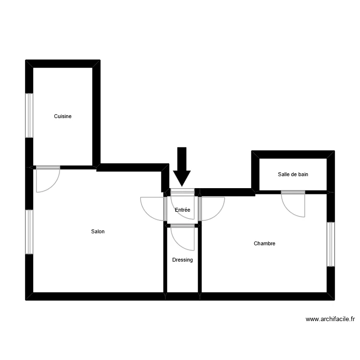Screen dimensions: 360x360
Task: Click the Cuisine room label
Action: (x=63, y=116)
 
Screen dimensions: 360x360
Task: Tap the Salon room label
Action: (x=98, y=231)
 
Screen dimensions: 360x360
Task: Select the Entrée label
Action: (x=182, y=210)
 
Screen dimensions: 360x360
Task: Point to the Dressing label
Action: (x=182, y=260)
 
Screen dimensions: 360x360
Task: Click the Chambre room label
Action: (x=264, y=243)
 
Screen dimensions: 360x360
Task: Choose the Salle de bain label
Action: (x=293, y=174)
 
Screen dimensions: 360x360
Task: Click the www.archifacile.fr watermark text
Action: (x=330, y=319)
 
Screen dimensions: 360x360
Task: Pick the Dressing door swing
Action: (x=183, y=237)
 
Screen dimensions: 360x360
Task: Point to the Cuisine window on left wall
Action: (x=30, y=115)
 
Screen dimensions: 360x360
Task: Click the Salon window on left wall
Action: (x=30, y=232)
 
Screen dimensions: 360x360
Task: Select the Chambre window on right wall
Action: (x=330, y=244)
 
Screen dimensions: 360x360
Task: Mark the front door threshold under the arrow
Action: (x=182, y=192)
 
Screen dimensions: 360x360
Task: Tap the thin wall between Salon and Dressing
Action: (x=165, y=259)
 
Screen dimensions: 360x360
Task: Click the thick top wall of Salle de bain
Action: (x=293, y=155)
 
